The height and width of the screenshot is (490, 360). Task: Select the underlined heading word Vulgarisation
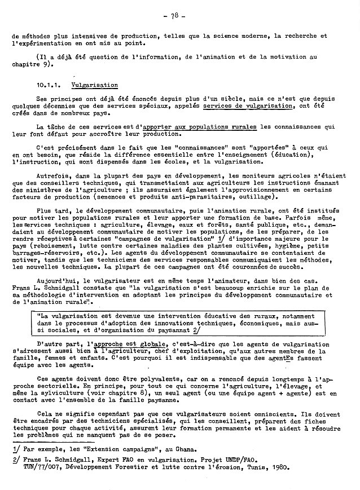click(x=94, y=85)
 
